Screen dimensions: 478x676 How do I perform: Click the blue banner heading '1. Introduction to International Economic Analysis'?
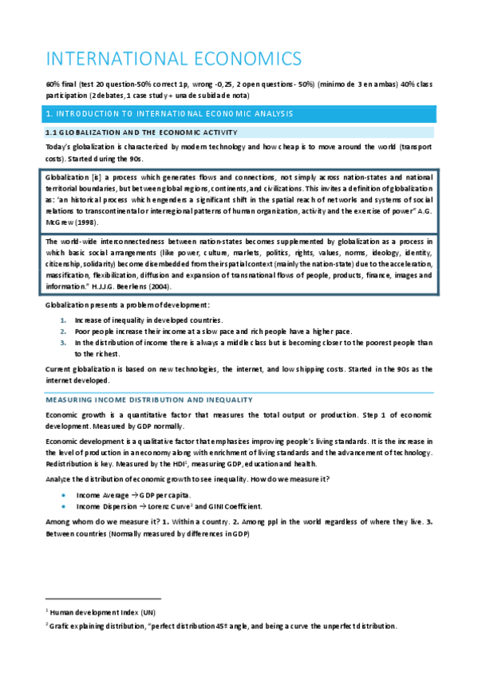coord(169,114)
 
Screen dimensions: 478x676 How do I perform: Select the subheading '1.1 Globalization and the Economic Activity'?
coord(141,132)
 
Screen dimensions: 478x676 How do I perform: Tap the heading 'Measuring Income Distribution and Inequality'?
coord(149,399)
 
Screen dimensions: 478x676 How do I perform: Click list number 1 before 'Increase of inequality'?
coord(64,320)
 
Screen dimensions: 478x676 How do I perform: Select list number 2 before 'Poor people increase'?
coord(64,331)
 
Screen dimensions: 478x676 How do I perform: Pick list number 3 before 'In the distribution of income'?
coord(64,342)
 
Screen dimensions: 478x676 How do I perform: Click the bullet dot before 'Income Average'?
coord(63,495)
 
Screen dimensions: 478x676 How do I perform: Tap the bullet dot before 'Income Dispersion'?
coord(63,506)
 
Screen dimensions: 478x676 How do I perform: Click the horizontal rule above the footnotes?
coord(103,598)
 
